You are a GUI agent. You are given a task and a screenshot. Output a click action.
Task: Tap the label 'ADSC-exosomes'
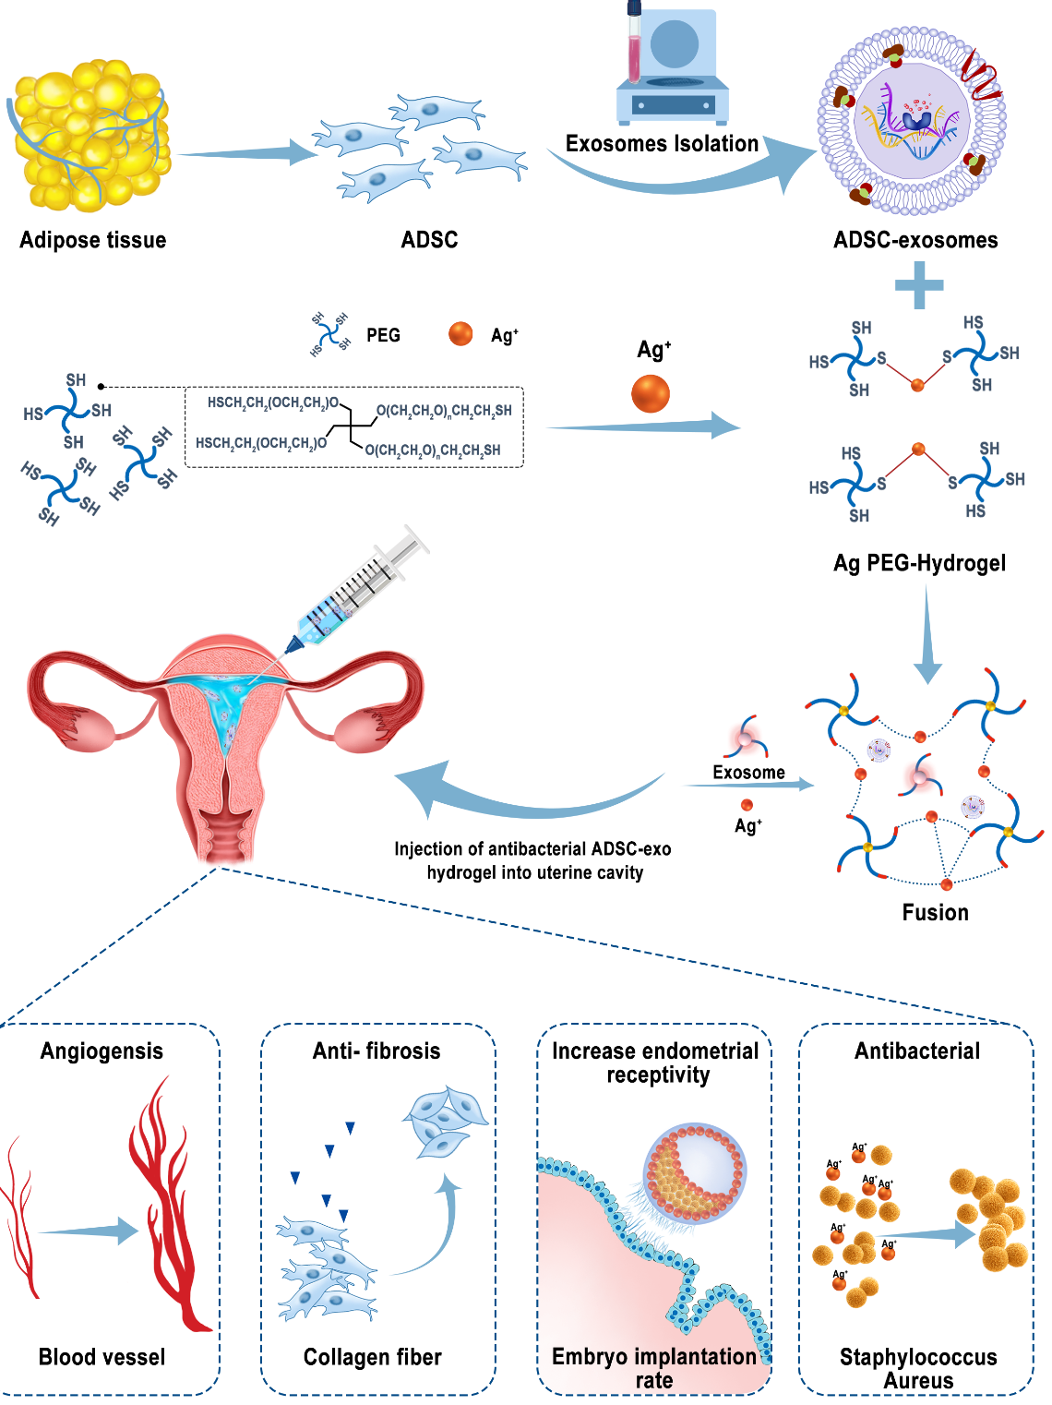point(915,240)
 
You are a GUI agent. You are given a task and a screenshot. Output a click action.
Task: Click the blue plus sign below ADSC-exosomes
point(919,284)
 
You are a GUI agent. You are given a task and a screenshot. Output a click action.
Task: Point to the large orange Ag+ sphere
point(651,393)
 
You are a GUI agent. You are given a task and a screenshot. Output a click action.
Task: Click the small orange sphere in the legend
point(460,333)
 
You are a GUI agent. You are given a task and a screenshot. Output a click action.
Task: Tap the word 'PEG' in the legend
point(383,335)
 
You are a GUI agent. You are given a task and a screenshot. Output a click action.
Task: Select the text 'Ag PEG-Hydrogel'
point(919,563)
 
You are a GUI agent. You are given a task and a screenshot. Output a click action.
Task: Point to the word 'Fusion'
point(935,912)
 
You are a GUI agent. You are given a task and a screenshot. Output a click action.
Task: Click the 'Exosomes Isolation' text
point(662,144)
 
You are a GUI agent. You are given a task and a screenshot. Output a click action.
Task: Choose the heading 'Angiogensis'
point(102,1051)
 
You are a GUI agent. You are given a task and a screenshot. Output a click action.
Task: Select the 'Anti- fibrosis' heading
point(377,1051)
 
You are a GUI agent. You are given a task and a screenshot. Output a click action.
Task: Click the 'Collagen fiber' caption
point(373,1357)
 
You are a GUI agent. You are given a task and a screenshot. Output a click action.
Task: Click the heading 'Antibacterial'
point(917,1051)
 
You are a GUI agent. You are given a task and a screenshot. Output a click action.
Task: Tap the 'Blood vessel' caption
point(102,1357)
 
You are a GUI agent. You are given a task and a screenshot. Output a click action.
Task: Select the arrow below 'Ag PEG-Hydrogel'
point(927,637)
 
